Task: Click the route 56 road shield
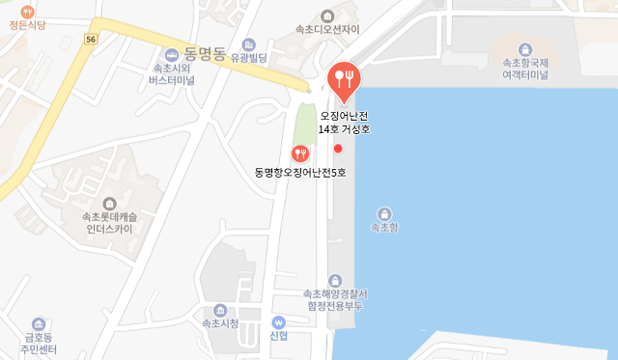click(x=91, y=39)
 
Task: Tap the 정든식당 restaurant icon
click(x=26, y=11)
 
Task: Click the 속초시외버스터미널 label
click(x=174, y=74)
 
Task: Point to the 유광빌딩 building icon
click(x=250, y=44)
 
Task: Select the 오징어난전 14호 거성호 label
click(x=345, y=121)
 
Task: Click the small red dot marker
click(x=338, y=149)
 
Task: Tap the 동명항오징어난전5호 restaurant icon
click(x=300, y=152)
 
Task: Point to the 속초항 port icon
click(x=384, y=212)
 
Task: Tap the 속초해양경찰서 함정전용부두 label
click(x=333, y=298)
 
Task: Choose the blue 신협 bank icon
click(x=279, y=322)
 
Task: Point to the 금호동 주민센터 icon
click(x=38, y=324)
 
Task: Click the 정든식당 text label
click(x=26, y=28)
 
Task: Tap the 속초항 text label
click(x=384, y=228)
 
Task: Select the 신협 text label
click(x=279, y=337)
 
